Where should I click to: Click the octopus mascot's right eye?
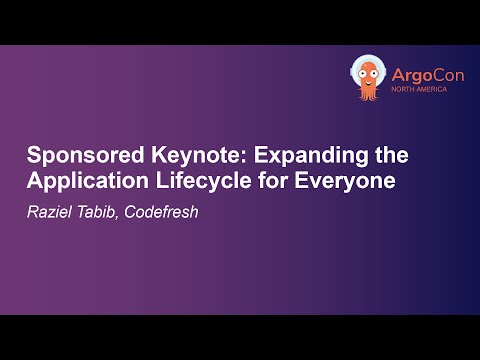[x=374, y=71]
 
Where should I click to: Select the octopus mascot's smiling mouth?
[x=368, y=80]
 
